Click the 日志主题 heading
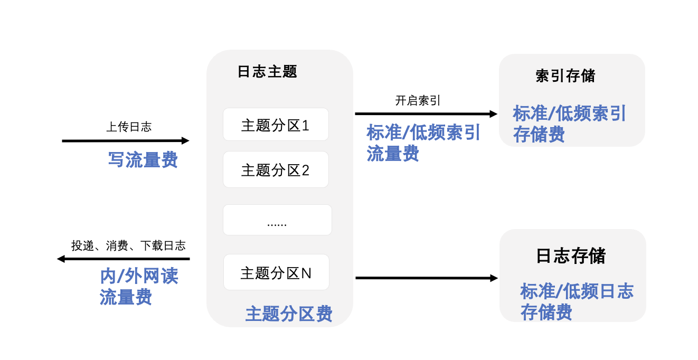[x=267, y=72]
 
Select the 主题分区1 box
[x=276, y=125]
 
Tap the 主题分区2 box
[x=276, y=169]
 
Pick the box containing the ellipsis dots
[x=277, y=220]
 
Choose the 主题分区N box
[x=276, y=272]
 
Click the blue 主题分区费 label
[x=289, y=314]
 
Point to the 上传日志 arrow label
[x=129, y=127]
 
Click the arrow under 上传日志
[x=125, y=141]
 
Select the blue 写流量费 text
[x=143, y=159]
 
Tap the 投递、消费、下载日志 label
[x=128, y=245]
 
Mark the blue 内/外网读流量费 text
[x=139, y=286]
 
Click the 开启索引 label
[x=418, y=101]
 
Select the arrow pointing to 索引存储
[x=426, y=114]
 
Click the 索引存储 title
[x=565, y=76]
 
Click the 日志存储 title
[x=571, y=256]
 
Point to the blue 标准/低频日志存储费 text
[x=577, y=301]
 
